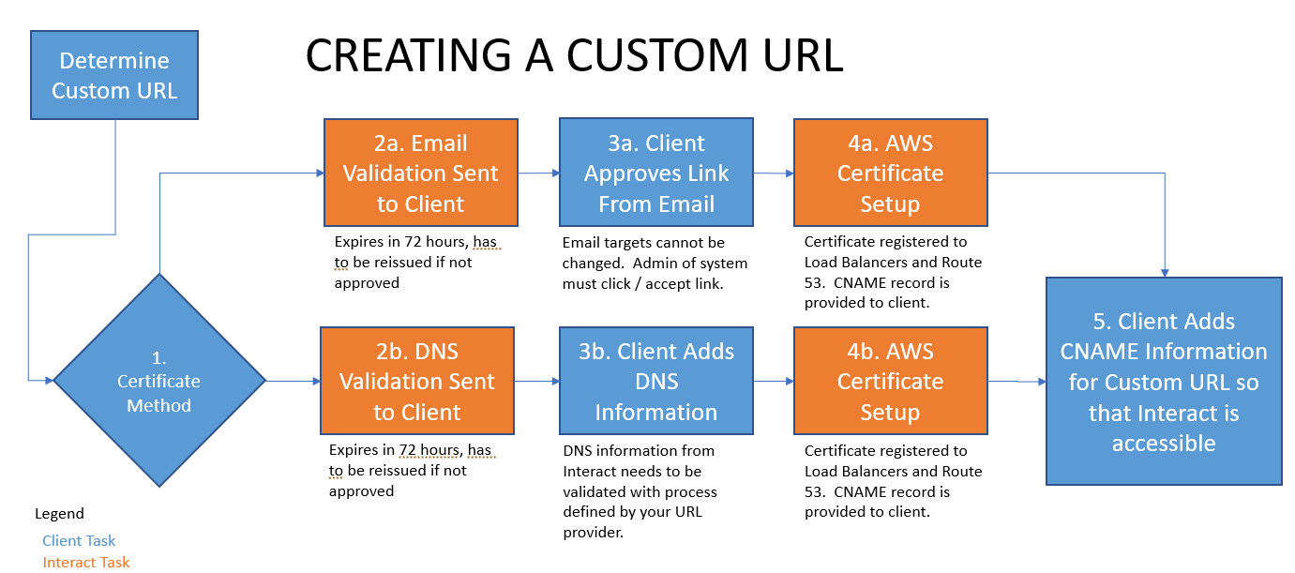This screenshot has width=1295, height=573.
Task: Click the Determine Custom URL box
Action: (x=114, y=75)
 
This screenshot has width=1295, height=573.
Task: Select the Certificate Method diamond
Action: (x=159, y=381)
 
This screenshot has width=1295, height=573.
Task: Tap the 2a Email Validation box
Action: (x=421, y=173)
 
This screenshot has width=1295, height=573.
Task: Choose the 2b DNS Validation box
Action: (x=417, y=381)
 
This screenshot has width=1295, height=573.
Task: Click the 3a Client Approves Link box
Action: (x=656, y=173)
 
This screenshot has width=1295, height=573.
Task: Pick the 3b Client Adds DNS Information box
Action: (x=656, y=381)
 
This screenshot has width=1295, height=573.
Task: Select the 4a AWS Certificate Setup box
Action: (x=890, y=173)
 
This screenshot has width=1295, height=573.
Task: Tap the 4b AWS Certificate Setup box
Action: (x=890, y=381)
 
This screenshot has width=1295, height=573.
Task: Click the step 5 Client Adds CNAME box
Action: (x=1164, y=381)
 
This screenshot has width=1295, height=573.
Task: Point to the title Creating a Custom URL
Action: (x=574, y=56)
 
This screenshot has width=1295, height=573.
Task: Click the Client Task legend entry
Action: (x=79, y=540)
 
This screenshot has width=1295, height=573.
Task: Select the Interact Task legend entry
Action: (x=86, y=562)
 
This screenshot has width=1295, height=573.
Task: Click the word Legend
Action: (x=59, y=514)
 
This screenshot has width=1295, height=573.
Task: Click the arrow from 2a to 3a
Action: (x=538, y=173)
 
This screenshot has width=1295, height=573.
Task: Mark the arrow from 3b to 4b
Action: (x=774, y=382)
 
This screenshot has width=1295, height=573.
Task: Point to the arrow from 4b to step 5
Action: (x=1017, y=382)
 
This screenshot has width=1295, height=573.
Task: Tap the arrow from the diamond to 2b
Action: (x=293, y=381)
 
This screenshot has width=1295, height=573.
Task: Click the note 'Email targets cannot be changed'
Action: (x=655, y=263)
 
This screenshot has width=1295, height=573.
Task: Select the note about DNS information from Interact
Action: (x=640, y=491)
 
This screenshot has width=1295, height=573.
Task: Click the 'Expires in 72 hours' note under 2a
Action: (x=415, y=263)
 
